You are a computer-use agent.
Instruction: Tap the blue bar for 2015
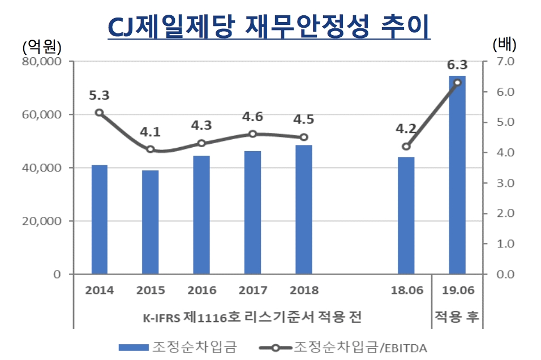pyautogui.click(x=150, y=222)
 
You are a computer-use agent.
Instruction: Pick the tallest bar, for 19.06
pyautogui.click(x=457, y=175)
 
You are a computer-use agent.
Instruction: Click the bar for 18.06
pyautogui.click(x=406, y=216)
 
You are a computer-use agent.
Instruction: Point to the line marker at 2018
pyautogui.click(x=303, y=137)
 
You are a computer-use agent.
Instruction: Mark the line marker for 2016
pyautogui.click(x=201, y=143)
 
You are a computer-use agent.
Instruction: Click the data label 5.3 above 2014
pyautogui.click(x=98, y=95)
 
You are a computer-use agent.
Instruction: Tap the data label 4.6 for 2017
pyautogui.click(x=252, y=117)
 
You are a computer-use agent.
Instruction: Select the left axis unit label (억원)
pyautogui.click(x=41, y=45)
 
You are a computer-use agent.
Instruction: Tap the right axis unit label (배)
pyautogui.click(x=505, y=44)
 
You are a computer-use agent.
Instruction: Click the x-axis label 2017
pyautogui.click(x=253, y=290)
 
